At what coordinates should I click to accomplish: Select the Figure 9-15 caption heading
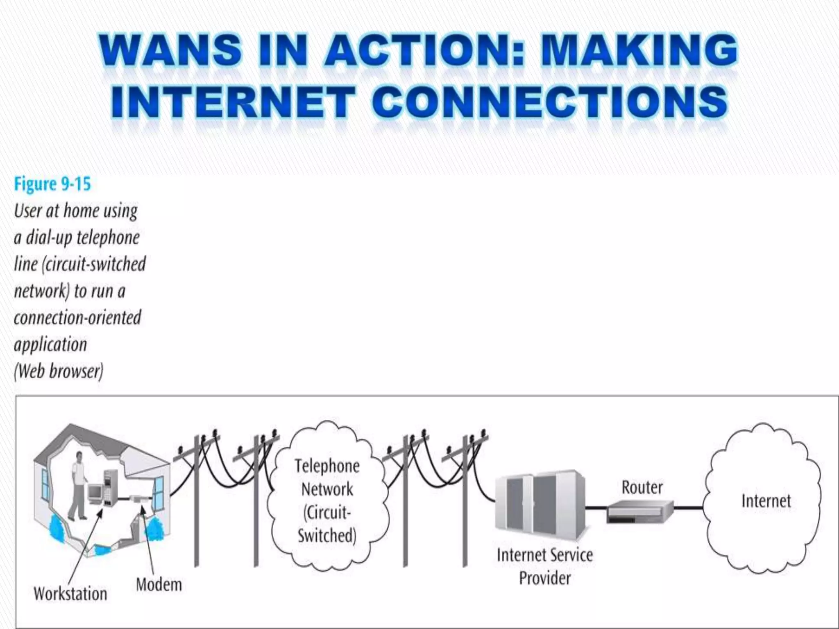click(52, 184)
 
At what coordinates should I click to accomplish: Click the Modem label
click(159, 584)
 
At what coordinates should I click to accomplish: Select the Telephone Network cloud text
click(327, 501)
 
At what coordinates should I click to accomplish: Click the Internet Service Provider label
click(544, 567)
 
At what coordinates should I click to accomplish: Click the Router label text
click(642, 487)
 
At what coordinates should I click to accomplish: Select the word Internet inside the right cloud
click(766, 501)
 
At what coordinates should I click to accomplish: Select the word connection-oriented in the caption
click(77, 318)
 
